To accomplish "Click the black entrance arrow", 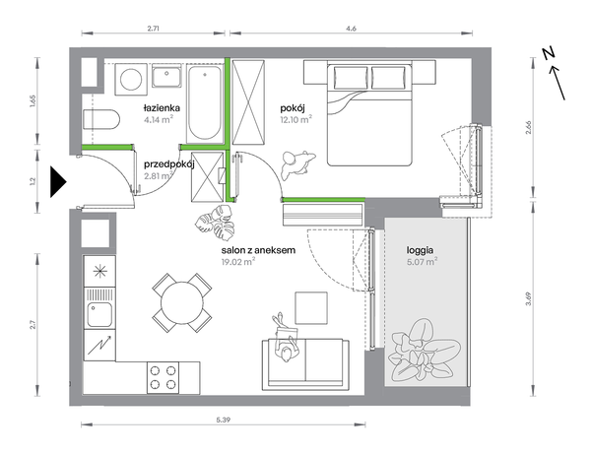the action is (57, 182).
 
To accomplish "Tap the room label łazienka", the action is (162, 108).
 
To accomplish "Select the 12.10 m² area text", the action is (295, 120).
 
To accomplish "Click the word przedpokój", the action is (168, 165).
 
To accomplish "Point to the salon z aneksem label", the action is (258, 250).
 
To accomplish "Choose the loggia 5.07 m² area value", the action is (423, 261).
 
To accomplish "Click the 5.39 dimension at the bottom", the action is (224, 420).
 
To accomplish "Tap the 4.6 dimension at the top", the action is (351, 29).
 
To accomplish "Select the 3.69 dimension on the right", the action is (529, 298).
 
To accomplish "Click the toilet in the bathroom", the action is (101, 120).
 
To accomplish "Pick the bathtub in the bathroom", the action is (205, 103).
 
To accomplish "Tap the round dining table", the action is (181, 303).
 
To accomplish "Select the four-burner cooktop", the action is (163, 377).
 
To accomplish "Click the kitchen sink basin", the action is (99, 314).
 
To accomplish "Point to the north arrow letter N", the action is (550, 53).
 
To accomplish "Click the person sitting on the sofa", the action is (286, 337).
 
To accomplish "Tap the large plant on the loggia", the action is (425, 351).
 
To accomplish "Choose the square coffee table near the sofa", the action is (311, 308).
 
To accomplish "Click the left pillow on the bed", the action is (350, 78).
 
